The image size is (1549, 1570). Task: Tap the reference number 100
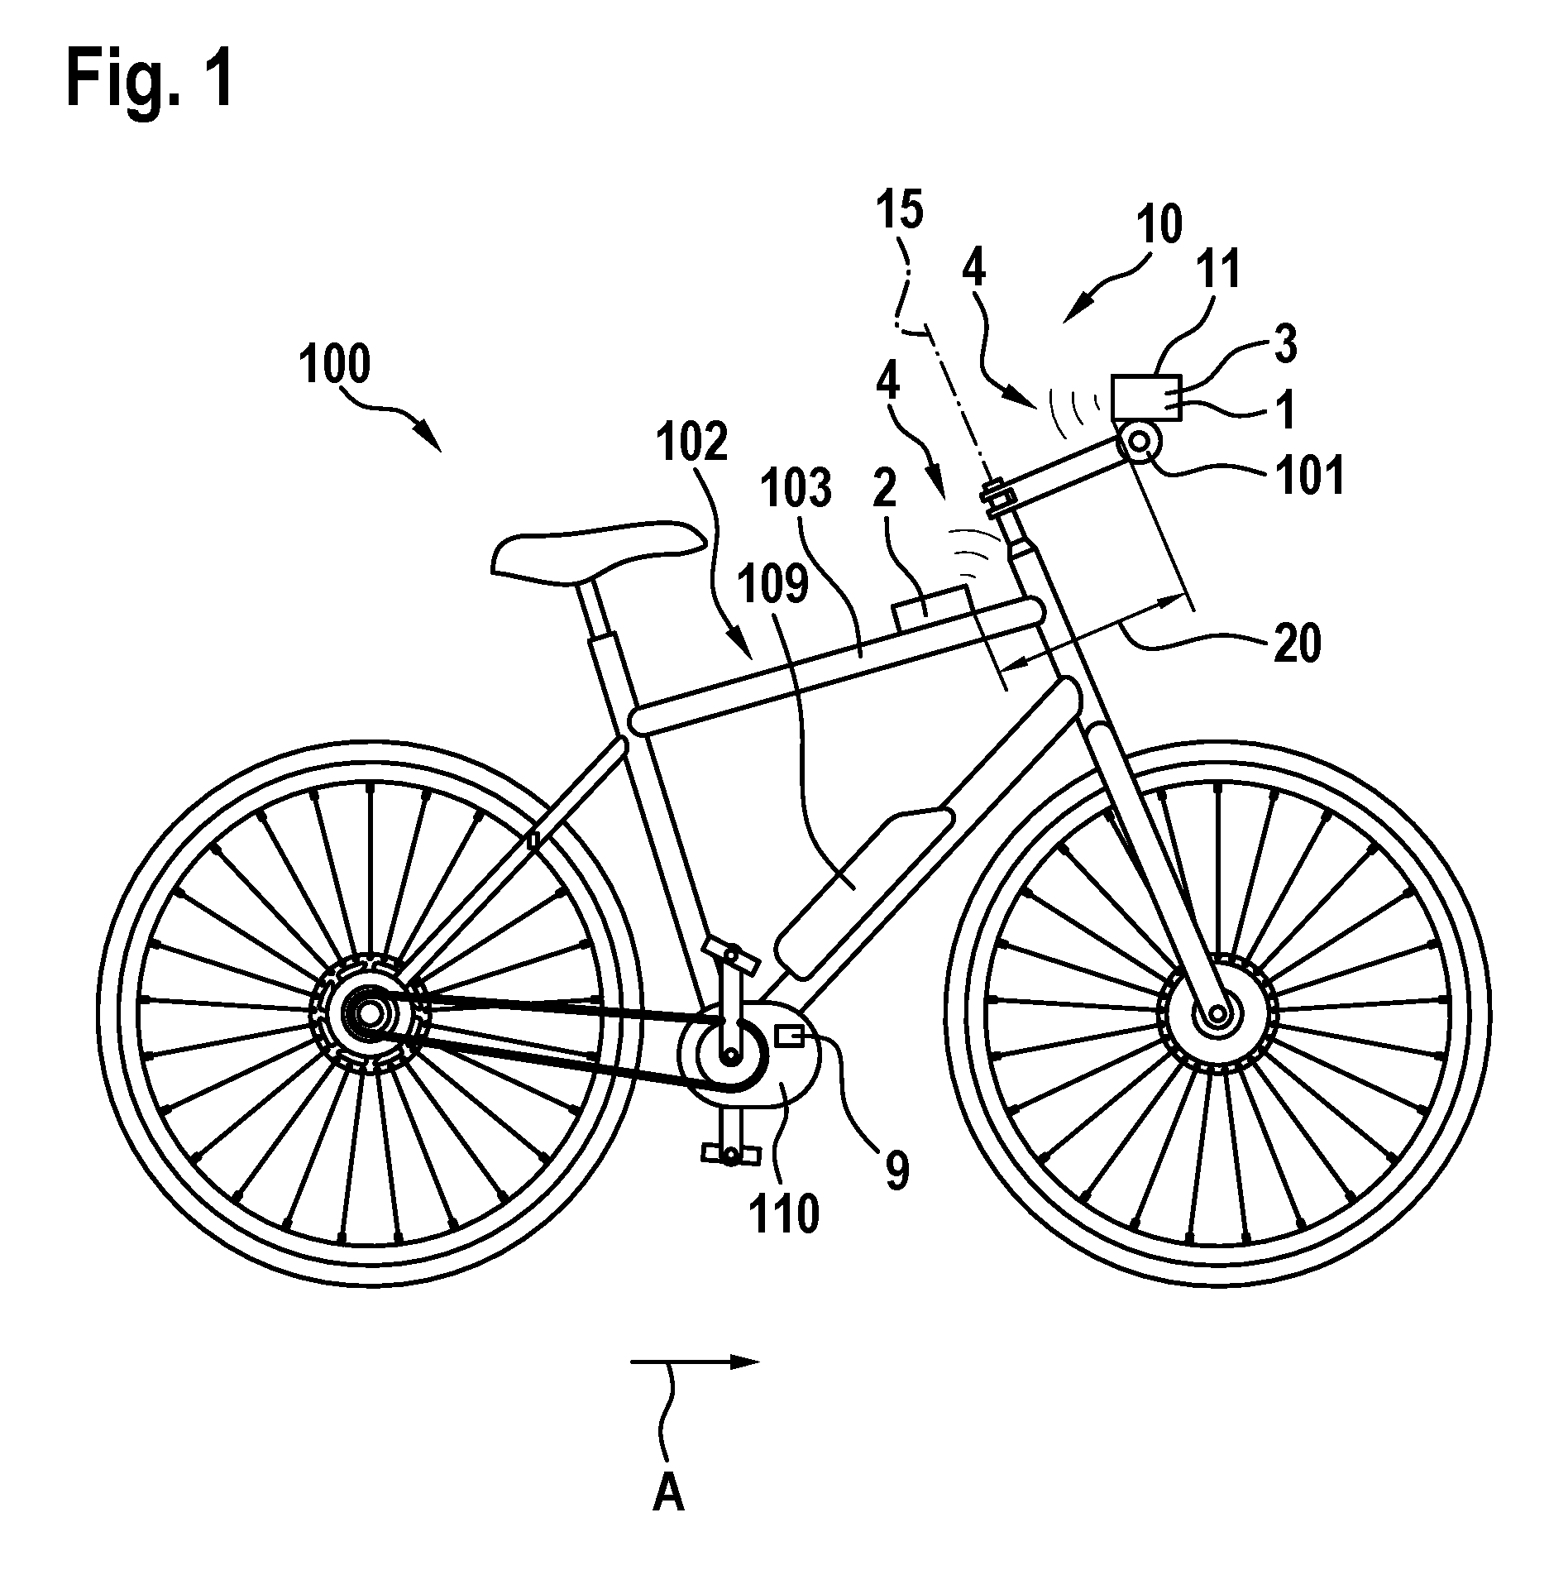coord(336,366)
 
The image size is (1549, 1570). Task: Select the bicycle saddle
coord(597,548)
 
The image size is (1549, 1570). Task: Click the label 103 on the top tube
coord(797,487)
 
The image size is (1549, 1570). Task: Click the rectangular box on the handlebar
coord(1144,399)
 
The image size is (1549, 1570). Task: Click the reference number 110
coord(783,1213)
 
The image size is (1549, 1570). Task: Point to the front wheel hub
coord(1216,1014)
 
